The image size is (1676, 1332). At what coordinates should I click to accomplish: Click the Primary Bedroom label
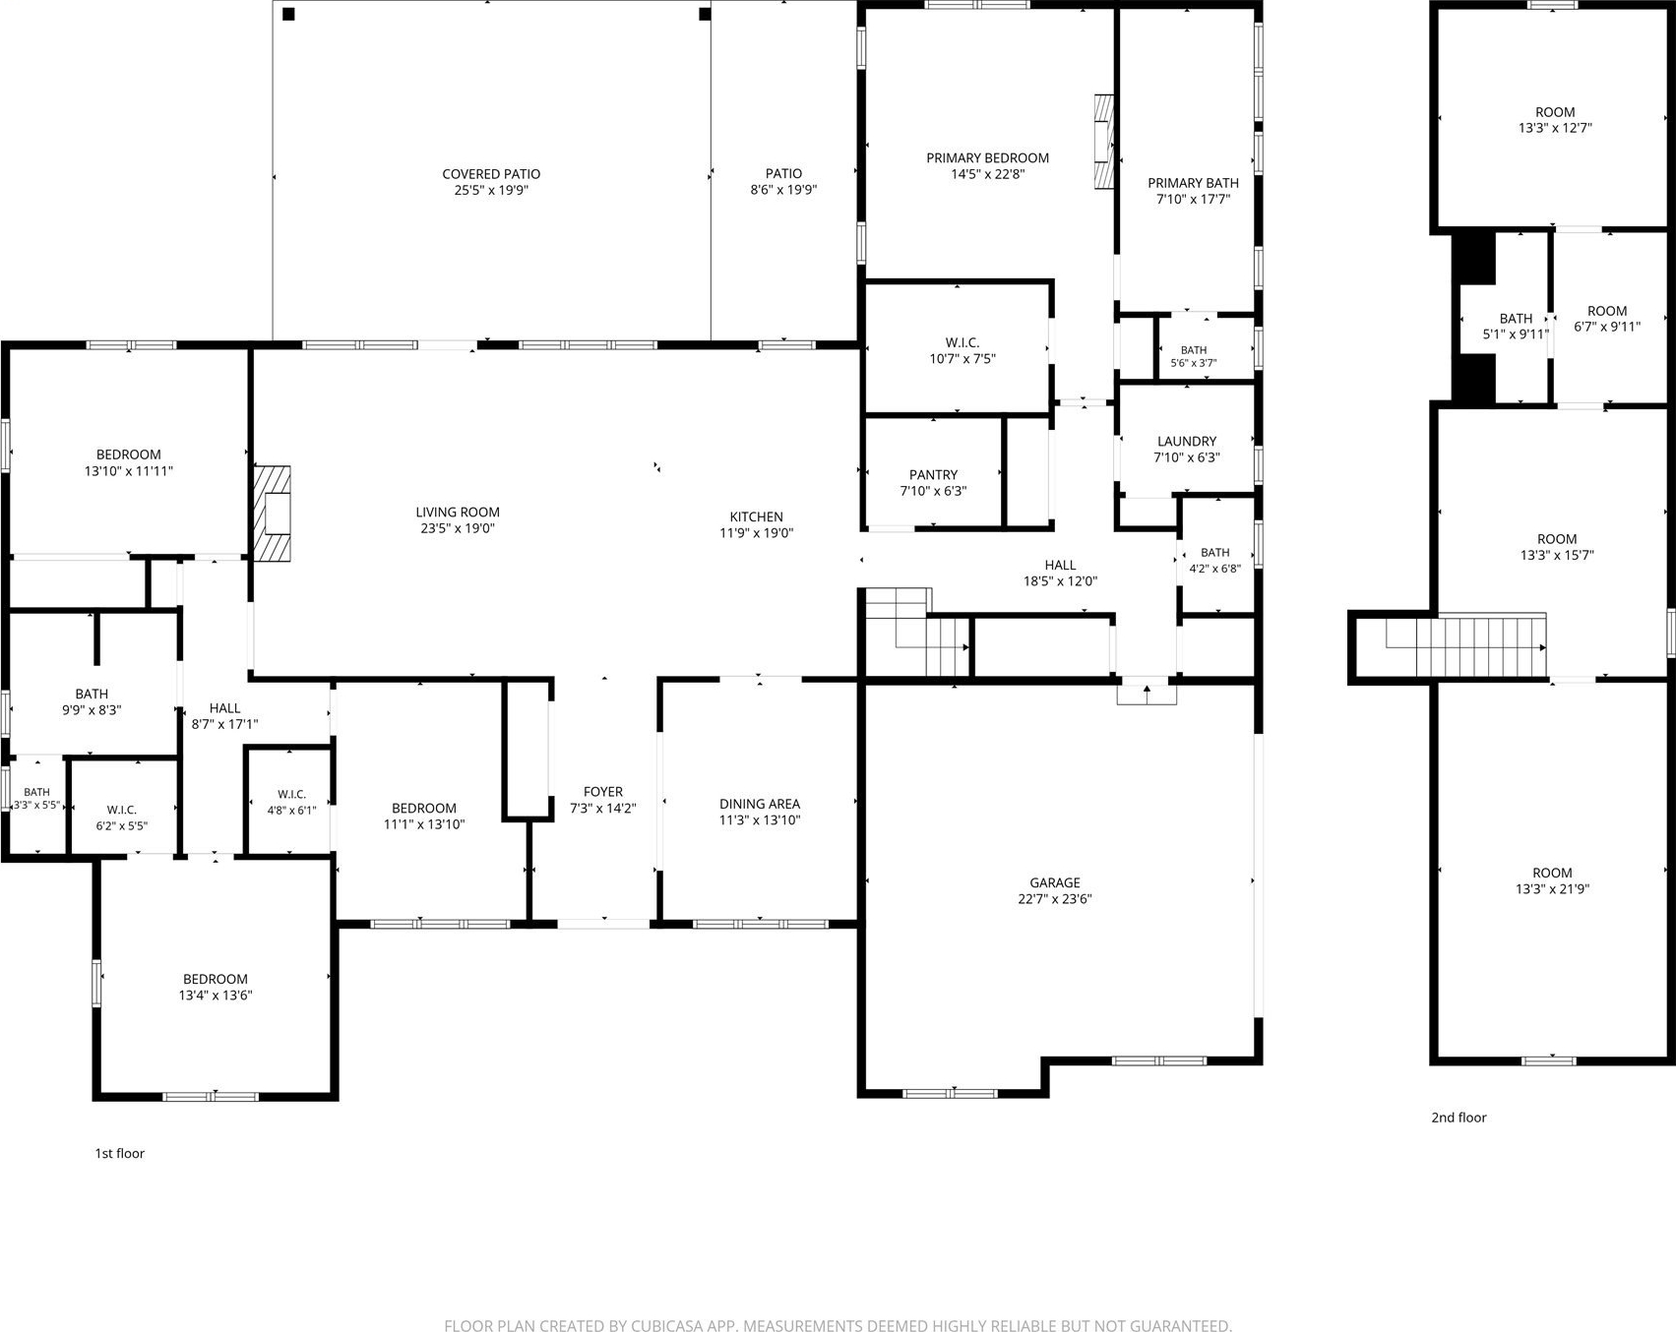[987, 158]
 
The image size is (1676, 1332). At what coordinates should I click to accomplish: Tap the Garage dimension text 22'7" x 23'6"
[1055, 899]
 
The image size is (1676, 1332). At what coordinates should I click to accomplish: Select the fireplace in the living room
[273, 513]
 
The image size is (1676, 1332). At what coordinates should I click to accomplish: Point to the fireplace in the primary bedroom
[1104, 141]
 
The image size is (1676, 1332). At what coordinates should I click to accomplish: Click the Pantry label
[933, 475]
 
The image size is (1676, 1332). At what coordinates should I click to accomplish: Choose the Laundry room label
[1187, 442]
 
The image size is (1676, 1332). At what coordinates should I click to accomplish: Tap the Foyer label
[603, 792]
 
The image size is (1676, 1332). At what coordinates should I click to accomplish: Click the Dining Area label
[760, 804]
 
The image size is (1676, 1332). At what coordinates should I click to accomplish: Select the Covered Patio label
[491, 174]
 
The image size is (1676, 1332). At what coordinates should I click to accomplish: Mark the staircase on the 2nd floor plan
[1465, 645]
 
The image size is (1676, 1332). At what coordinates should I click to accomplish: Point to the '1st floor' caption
[119, 1153]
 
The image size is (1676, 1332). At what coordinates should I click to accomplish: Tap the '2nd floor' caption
[1459, 1118]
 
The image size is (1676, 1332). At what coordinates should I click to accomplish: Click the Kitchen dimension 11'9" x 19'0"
[756, 533]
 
